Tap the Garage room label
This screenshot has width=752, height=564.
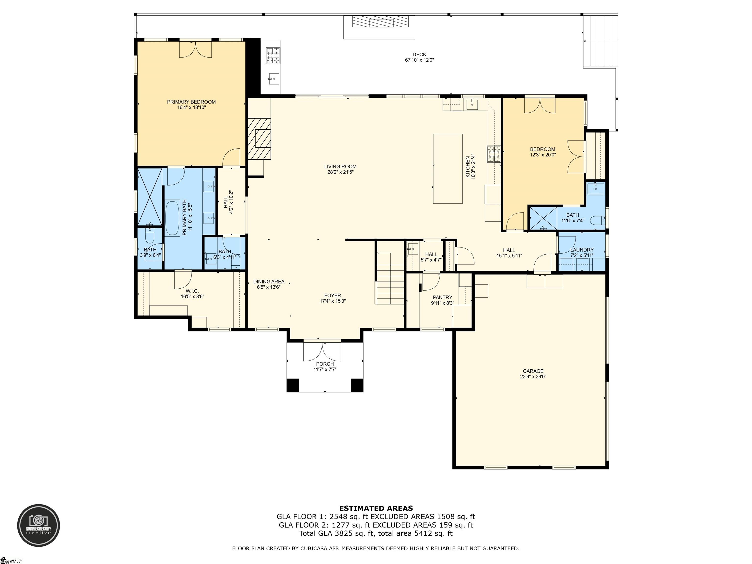pos(533,371)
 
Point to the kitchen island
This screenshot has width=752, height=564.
pos(447,169)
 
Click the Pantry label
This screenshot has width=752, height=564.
pos(442,297)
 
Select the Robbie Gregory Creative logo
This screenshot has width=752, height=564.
pos(39,525)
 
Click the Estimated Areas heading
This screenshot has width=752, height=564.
pos(376,508)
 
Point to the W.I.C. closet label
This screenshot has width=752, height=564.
pos(192,291)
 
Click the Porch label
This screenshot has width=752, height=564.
pos(325,364)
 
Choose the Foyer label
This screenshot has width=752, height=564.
pos(332,295)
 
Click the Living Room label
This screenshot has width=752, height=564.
pos(340,167)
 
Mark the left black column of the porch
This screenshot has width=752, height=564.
pos(293,385)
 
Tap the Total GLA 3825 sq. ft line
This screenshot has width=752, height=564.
pos(376,533)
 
